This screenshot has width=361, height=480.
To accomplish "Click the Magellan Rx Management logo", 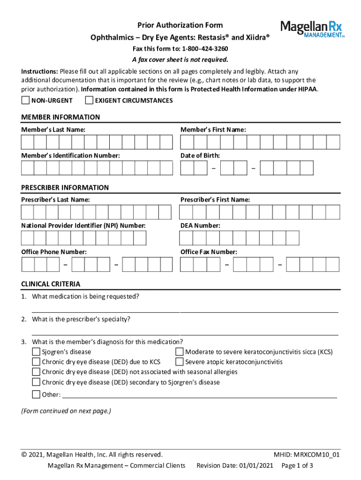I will pos(312,29).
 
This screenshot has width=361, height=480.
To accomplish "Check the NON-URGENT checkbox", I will pos(25,100).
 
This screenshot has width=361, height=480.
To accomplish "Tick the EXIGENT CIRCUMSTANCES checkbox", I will pos(89,100).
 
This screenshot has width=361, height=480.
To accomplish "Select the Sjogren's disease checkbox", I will pos(36,352).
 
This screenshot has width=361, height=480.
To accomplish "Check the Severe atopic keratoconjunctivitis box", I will pos(179,362).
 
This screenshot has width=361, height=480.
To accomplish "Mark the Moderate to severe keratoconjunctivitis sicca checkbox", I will pos(179,352).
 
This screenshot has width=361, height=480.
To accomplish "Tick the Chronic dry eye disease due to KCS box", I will pos(36,362).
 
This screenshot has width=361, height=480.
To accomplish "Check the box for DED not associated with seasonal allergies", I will pos(36,372).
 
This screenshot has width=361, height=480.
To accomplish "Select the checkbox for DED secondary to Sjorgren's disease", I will pos(36,382).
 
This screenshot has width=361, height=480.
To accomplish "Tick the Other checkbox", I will pos(36,394).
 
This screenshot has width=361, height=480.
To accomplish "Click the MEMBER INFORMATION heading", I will pos(60,117).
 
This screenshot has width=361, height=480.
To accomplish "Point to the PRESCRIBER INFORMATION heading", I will pos(65,187).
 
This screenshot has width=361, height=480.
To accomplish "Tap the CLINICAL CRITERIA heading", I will pos(51,284).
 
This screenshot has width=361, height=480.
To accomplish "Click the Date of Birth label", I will pos(200,155).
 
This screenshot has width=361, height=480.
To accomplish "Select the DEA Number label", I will pos(200,225).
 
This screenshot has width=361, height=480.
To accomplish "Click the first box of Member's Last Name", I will pos(27,142).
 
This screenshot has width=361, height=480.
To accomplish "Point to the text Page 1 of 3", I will pos(297,465).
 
